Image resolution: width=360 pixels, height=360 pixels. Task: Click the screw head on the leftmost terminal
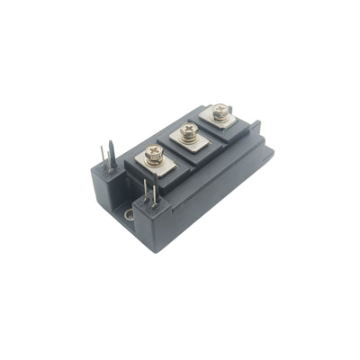pos(154,152)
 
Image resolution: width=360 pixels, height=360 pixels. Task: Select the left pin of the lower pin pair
pos(144,192)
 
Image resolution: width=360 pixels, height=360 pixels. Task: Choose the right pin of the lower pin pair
pos(153,193)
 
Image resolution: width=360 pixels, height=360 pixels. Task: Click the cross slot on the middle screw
pos(188,128)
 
